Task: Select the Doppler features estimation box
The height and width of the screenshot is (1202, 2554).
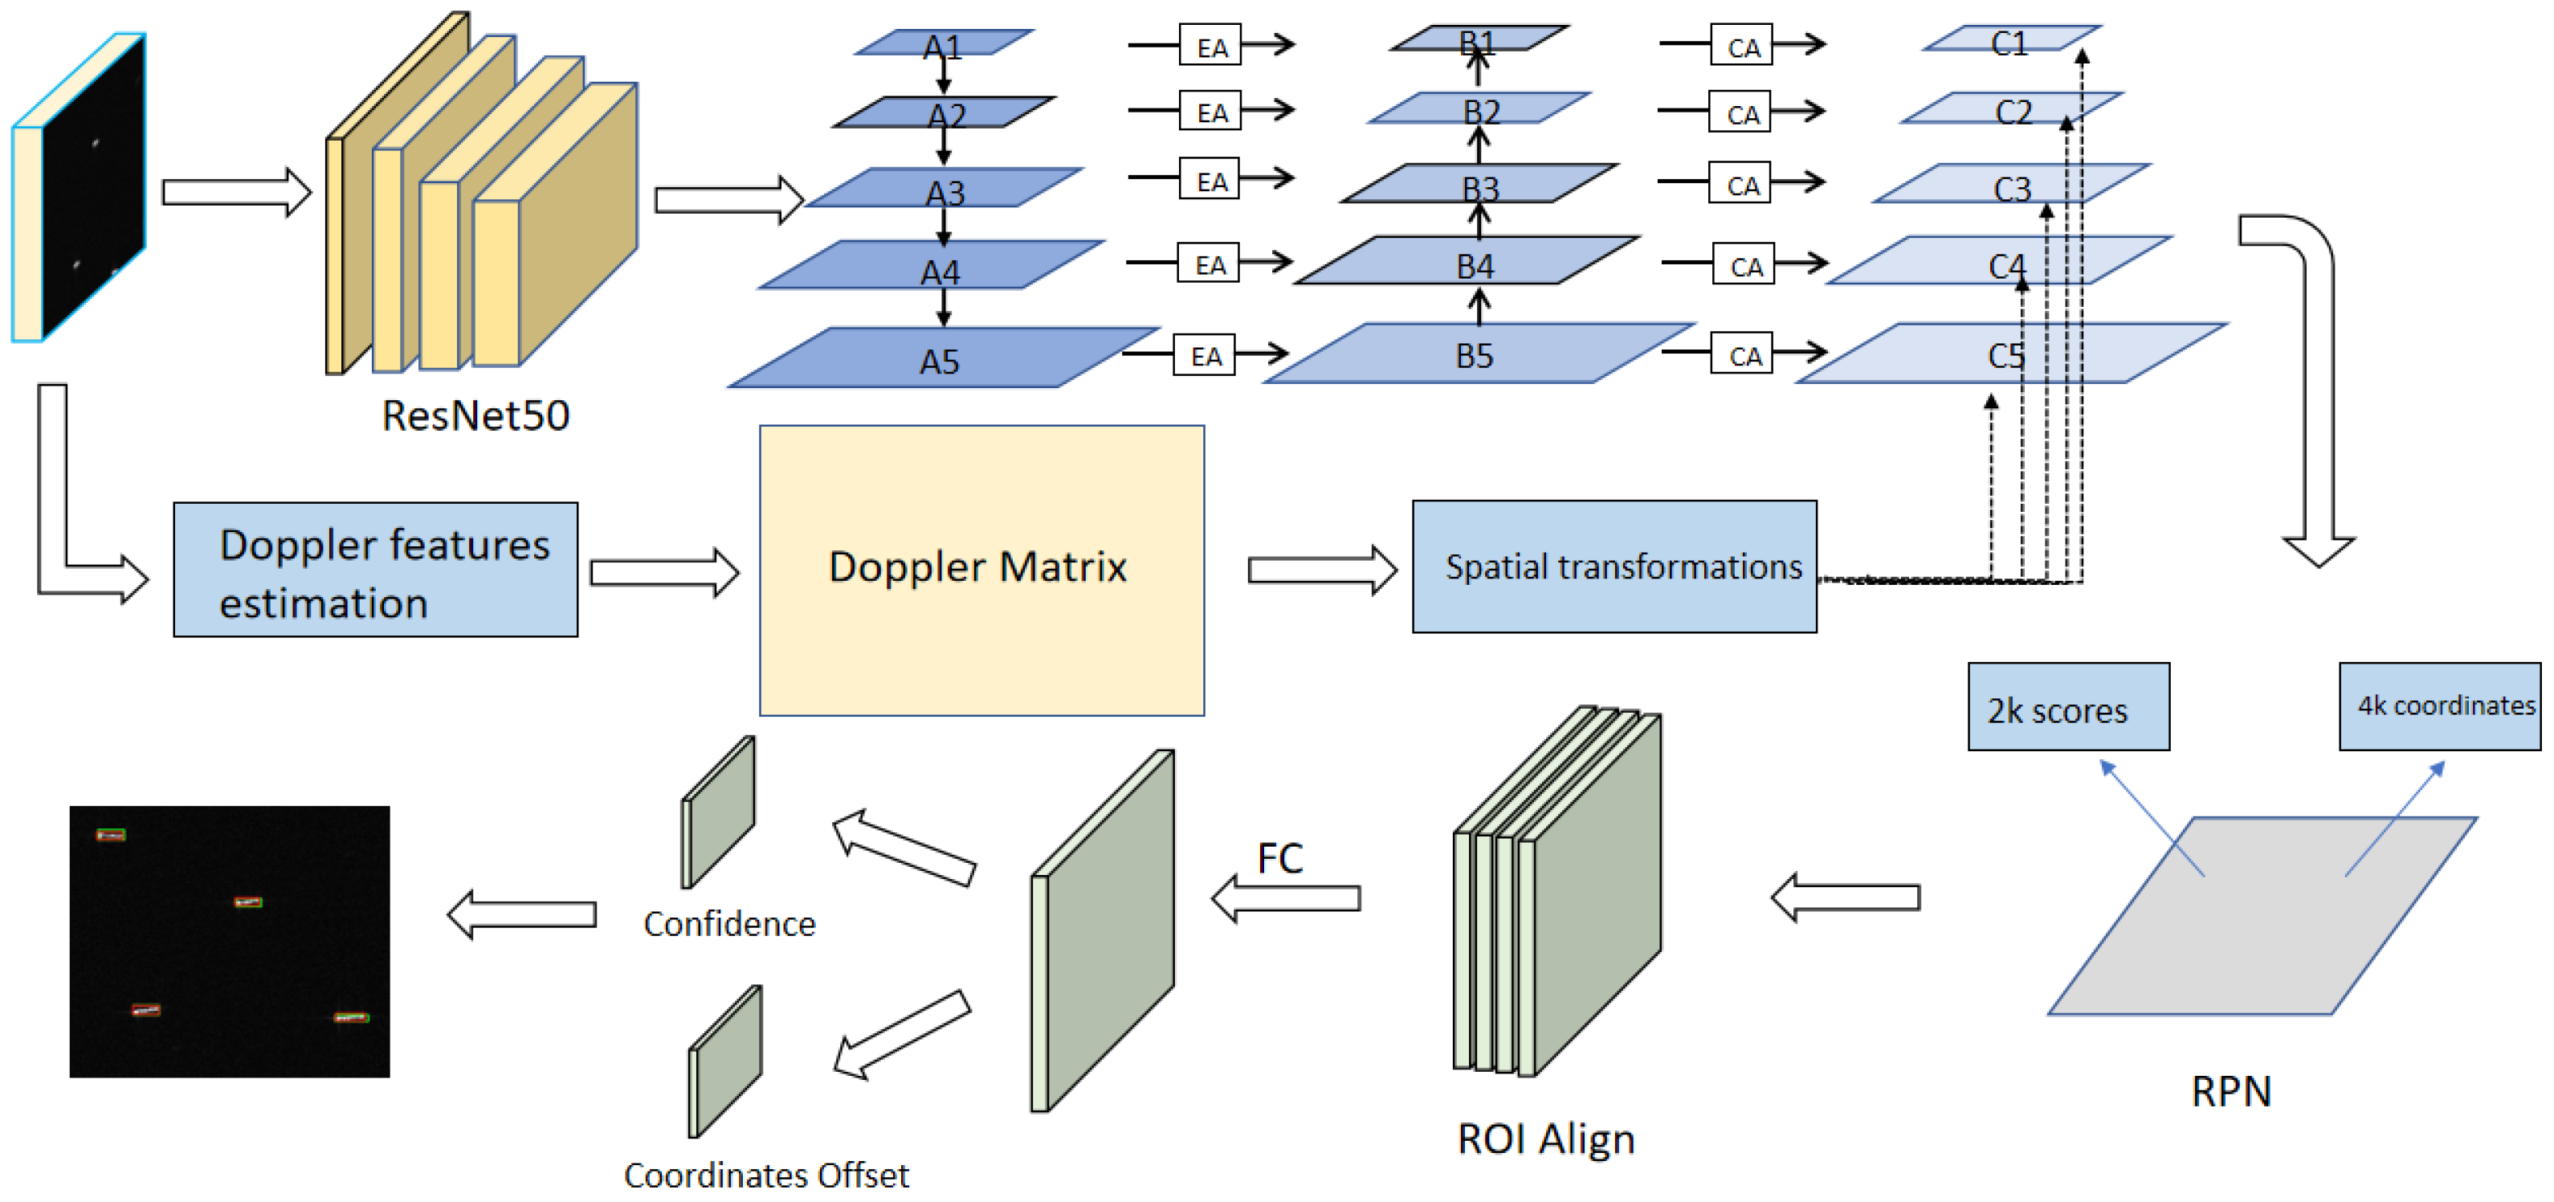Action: click(375, 570)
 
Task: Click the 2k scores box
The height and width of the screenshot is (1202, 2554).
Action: click(2067, 706)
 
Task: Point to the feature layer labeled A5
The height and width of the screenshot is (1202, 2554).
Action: click(939, 359)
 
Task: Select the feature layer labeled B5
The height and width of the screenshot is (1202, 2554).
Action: click(1475, 354)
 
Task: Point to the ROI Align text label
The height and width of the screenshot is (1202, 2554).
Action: click(1544, 1139)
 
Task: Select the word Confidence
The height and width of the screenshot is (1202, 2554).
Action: click(728, 923)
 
